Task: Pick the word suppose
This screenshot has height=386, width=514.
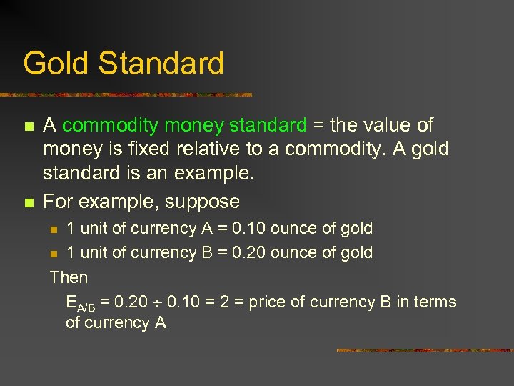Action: pyautogui.click(x=203, y=202)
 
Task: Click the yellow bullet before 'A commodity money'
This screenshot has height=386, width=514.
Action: pyautogui.click(x=28, y=127)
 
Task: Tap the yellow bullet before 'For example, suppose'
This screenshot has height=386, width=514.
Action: pyautogui.click(x=28, y=203)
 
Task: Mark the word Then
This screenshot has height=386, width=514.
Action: pyautogui.click(x=69, y=277)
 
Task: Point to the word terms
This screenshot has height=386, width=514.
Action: pyautogui.click(x=435, y=302)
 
